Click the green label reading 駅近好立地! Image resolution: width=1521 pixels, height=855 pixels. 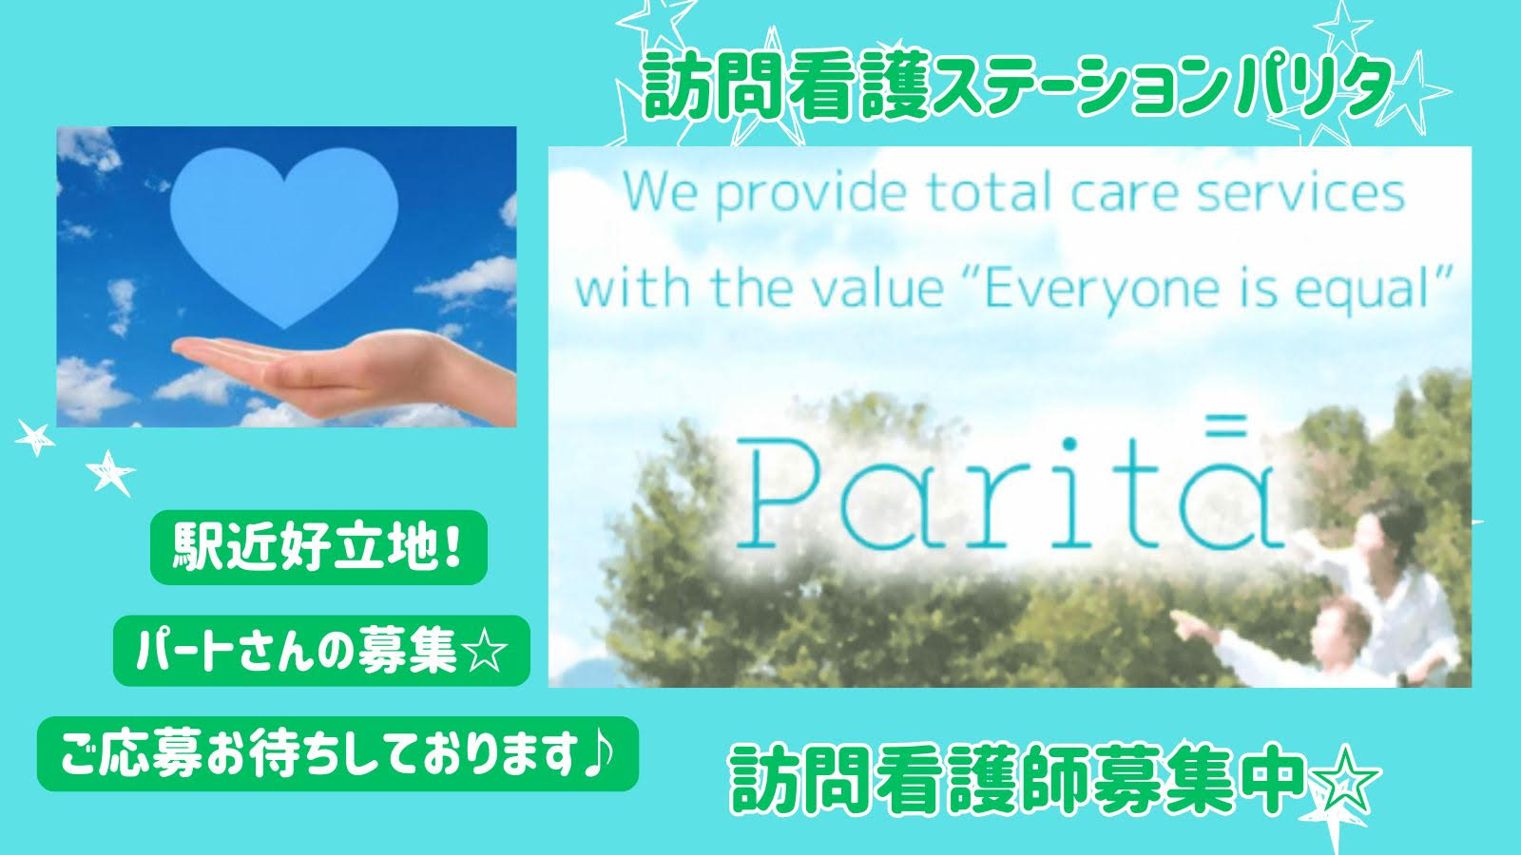(x=318, y=547)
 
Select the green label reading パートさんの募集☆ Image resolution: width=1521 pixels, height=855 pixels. (x=321, y=652)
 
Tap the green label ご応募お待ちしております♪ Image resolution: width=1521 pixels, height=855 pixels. (x=337, y=754)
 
